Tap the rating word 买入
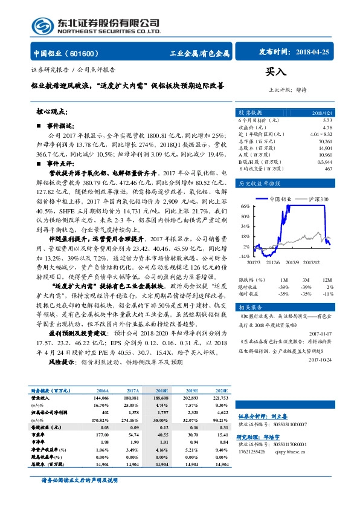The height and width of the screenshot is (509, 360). pyautogui.click(x=275, y=72)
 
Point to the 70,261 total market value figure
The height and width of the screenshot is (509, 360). pyautogui.click(x=324, y=141)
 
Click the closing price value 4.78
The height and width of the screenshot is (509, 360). pyautogui.click(x=327, y=128)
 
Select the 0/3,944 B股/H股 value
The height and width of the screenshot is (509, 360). pyautogui.click(x=324, y=161)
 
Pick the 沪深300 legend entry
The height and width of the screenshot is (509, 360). pyautogui.click(x=320, y=198)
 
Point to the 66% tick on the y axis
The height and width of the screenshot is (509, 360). pyautogui.click(x=245, y=207)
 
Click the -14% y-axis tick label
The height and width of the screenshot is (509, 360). pyautogui.click(x=245, y=256)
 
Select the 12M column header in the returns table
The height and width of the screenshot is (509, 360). pyautogui.click(x=327, y=280)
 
